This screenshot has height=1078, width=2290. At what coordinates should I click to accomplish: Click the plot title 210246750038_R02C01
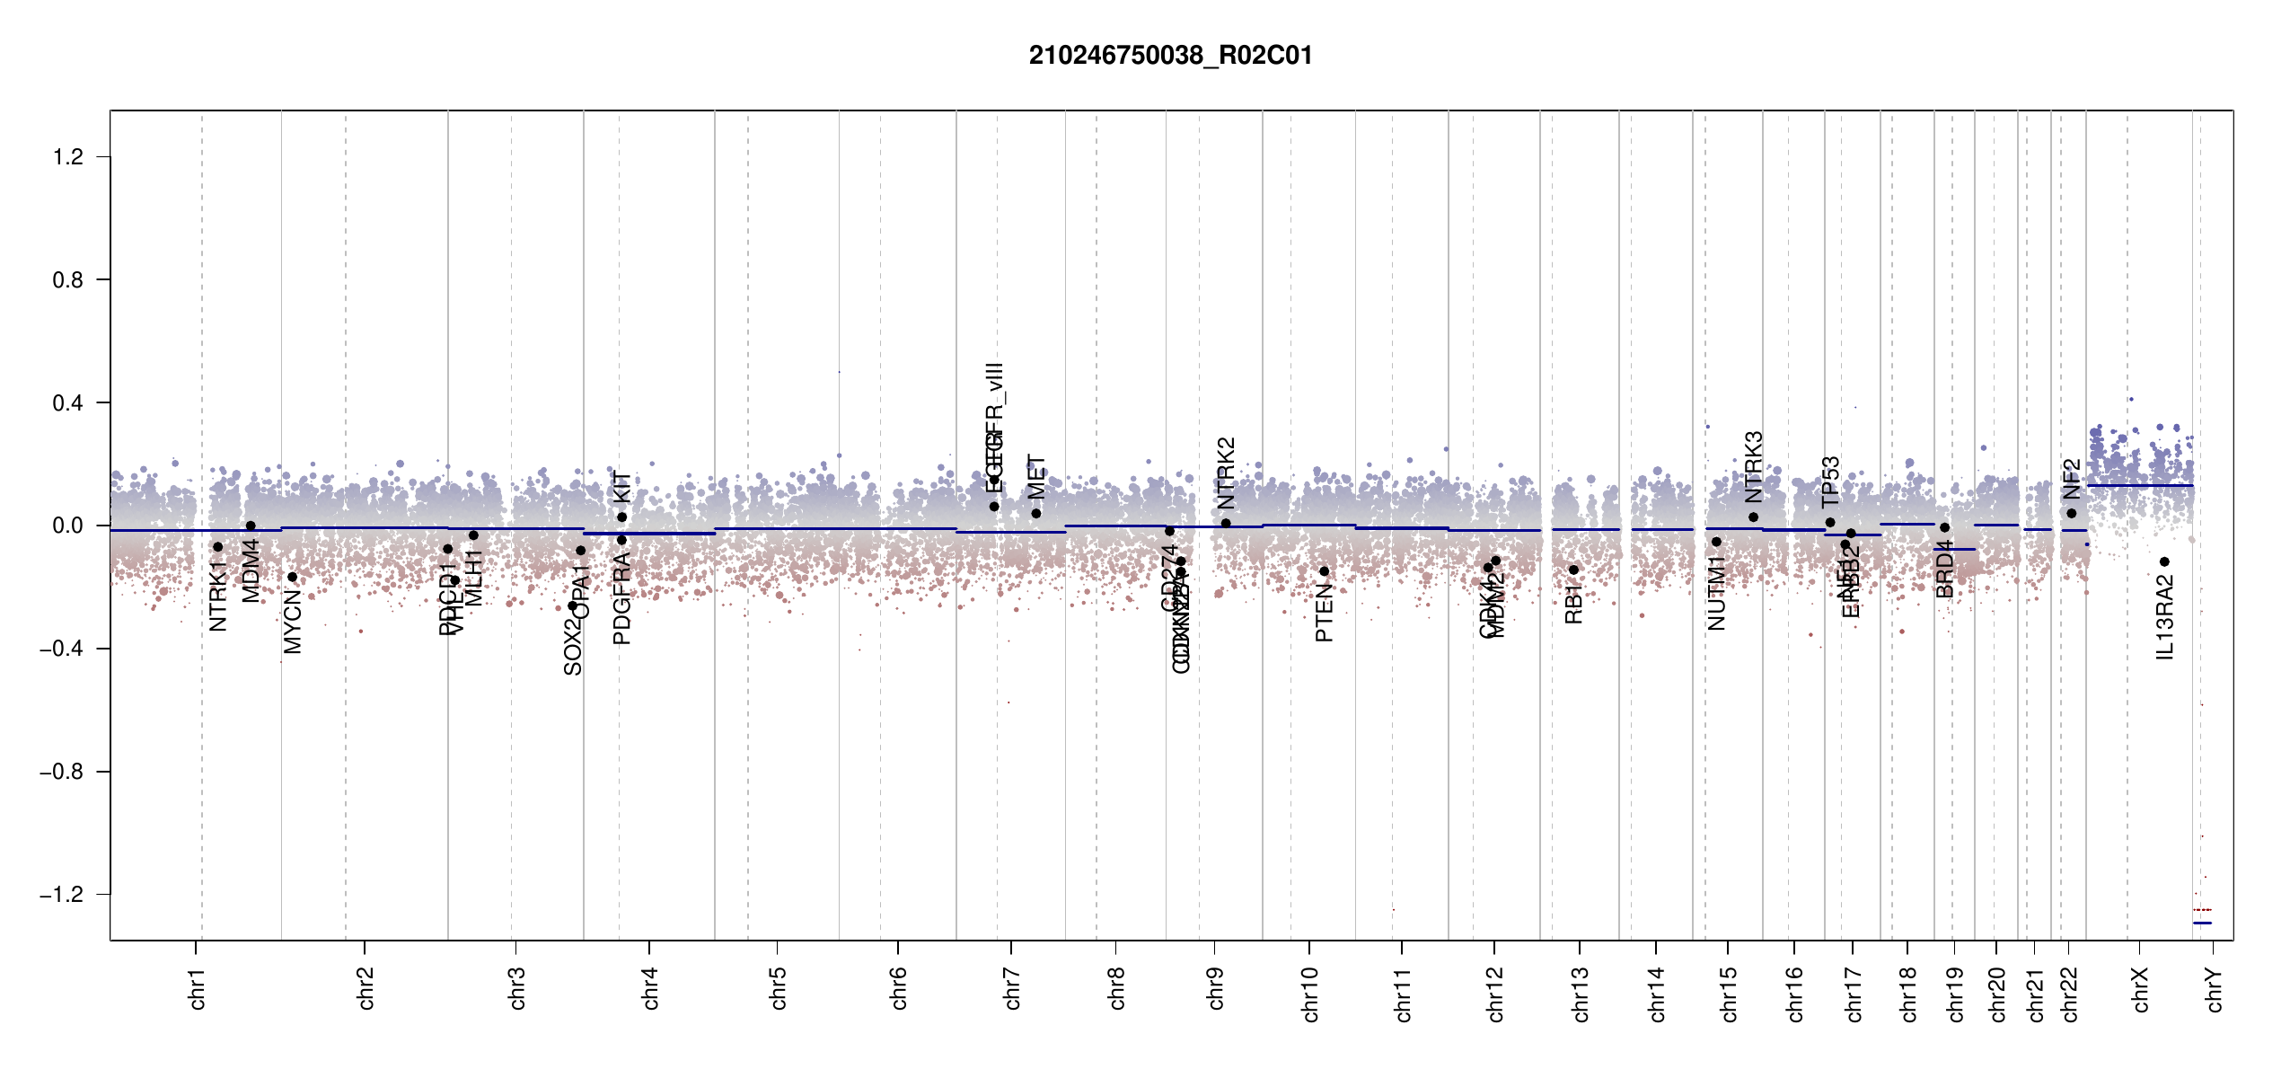pos(1170,56)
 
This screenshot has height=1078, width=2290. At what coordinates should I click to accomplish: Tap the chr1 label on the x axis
pos(198,989)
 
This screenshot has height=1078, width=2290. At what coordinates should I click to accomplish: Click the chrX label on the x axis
pos(2141,989)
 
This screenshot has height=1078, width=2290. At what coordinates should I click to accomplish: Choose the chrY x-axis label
pos(2215,989)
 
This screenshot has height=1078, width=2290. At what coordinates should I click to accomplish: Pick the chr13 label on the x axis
pos(1581,994)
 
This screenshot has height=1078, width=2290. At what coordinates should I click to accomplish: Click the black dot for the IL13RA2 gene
pos(2164,562)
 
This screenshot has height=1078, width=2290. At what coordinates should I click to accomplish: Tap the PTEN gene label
pos(1324,613)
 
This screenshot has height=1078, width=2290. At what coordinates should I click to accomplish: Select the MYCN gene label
pos(293,621)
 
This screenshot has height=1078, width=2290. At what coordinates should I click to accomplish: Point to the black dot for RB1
pos(1573,570)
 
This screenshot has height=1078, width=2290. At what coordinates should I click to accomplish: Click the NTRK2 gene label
pos(1227,473)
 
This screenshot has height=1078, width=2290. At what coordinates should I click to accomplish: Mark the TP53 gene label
pos(1830,482)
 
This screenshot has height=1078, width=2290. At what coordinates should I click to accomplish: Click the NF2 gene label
pos(2071,479)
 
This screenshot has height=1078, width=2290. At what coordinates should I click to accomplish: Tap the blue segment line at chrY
pos(2202,923)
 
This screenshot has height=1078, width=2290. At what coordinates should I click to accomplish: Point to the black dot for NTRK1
pos(217,547)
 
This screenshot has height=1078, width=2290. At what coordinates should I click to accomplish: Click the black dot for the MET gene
pos(1036,514)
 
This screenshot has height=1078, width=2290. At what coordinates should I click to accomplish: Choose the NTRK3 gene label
pos(1753,467)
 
